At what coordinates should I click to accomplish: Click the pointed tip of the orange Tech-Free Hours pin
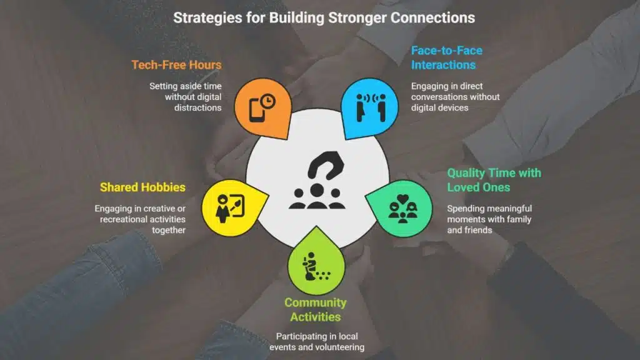[x=288, y=139]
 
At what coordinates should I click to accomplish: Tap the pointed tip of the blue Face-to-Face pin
[x=346, y=139]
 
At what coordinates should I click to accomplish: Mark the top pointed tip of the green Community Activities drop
[x=316, y=226]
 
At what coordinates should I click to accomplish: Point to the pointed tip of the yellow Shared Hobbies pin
[x=269, y=194]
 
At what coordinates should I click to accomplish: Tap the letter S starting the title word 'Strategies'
[x=177, y=18]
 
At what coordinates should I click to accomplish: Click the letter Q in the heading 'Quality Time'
[x=452, y=173]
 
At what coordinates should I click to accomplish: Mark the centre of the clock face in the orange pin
[x=267, y=101]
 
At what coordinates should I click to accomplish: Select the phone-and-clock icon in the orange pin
[x=262, y=108]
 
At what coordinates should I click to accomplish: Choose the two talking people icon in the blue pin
[x=371, y=107]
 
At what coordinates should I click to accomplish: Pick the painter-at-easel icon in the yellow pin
[x=230, y=208]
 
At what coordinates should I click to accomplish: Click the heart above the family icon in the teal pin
[x=403, y=199]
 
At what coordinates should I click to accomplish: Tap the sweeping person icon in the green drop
[x=315, y=266]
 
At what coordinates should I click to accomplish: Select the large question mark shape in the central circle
[x=326, y=165]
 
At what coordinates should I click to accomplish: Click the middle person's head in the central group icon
[x=317, y=190]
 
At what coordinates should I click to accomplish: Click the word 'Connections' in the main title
[x=432, y=18]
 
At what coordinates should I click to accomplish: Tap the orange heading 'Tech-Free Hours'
[x=176, y=65]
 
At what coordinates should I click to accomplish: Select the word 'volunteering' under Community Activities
[x=338, y=347]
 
